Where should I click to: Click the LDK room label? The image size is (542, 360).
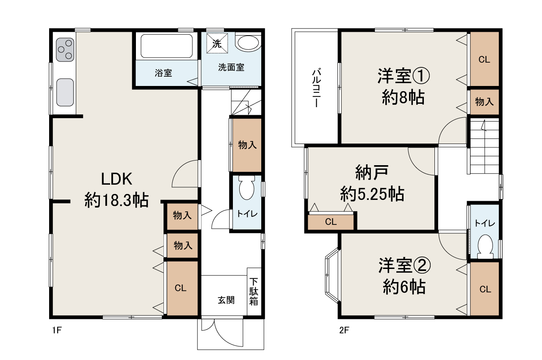(x=116, y=179)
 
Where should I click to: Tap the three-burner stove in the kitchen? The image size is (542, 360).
(x=65, y=50)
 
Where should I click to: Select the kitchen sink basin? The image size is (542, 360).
(x=65, y=92)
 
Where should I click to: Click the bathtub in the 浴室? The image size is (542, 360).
(x=167, y=46)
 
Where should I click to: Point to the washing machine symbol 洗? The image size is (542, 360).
(x=217, y=43)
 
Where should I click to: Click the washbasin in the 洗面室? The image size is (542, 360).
(x=249, y=43)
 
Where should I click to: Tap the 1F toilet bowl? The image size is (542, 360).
(x=246, y=188)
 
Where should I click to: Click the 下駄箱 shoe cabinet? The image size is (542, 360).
(x=254, y=291)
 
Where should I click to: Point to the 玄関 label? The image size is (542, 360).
(x=226, y=300)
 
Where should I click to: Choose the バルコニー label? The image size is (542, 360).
(x=316, y=88)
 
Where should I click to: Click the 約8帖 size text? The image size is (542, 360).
(x=403, y=97)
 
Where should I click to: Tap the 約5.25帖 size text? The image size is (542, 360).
(x=372, y=194)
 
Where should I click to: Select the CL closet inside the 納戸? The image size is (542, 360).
(x=331, y=222)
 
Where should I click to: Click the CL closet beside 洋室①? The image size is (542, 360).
(x=484, y=59)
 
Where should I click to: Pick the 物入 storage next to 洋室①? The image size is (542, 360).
(x=484, y=102)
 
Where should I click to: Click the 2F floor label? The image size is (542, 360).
(x=344, y=330)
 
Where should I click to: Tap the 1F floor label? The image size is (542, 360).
(x=57, y=330)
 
